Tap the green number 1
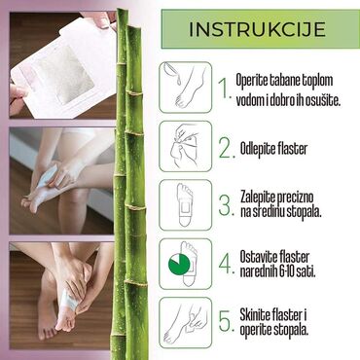click(225, 90)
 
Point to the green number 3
click(226, 206)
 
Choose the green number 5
click(226, 321)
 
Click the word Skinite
click(265, 311)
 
